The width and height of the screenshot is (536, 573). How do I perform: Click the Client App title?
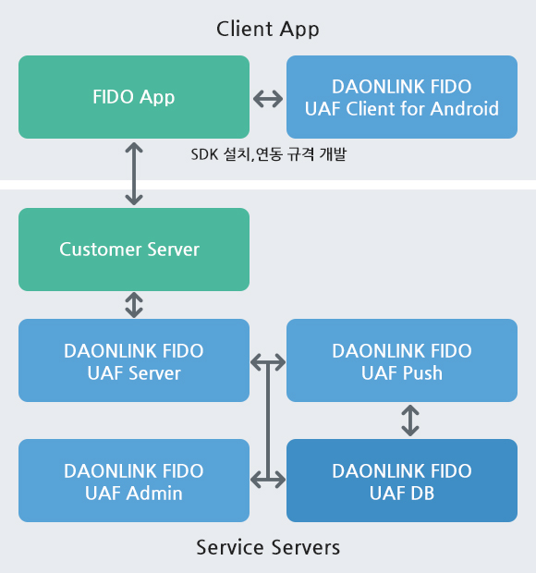(267, 30)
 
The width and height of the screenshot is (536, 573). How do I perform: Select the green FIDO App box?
(134, 97)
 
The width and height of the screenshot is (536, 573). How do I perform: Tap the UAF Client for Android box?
(402, 97)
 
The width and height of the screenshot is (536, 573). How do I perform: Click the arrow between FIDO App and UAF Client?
(268, 99)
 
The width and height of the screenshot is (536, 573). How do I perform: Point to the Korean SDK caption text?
(269, 154)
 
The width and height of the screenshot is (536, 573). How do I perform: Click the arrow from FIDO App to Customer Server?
(134, 174)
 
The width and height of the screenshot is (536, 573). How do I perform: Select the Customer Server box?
(134, 250)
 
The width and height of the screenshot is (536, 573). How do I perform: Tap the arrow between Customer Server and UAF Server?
(134, 305)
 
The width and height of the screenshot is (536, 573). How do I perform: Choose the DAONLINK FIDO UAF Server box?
(134, 360)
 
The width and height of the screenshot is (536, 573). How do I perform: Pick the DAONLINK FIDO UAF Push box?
(402, 360)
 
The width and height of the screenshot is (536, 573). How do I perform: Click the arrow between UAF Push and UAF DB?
(410, 421)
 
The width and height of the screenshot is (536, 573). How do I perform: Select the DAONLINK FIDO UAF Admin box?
(134, 481)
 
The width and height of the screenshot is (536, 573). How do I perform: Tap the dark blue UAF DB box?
(402, 481)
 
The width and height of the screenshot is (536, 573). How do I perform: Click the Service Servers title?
(268, 547)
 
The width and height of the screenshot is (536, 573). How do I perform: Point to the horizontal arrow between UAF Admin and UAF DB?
(268, 480)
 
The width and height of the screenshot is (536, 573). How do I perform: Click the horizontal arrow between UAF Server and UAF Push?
(268, 362)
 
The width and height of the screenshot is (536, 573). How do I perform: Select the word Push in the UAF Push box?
(422, 373)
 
